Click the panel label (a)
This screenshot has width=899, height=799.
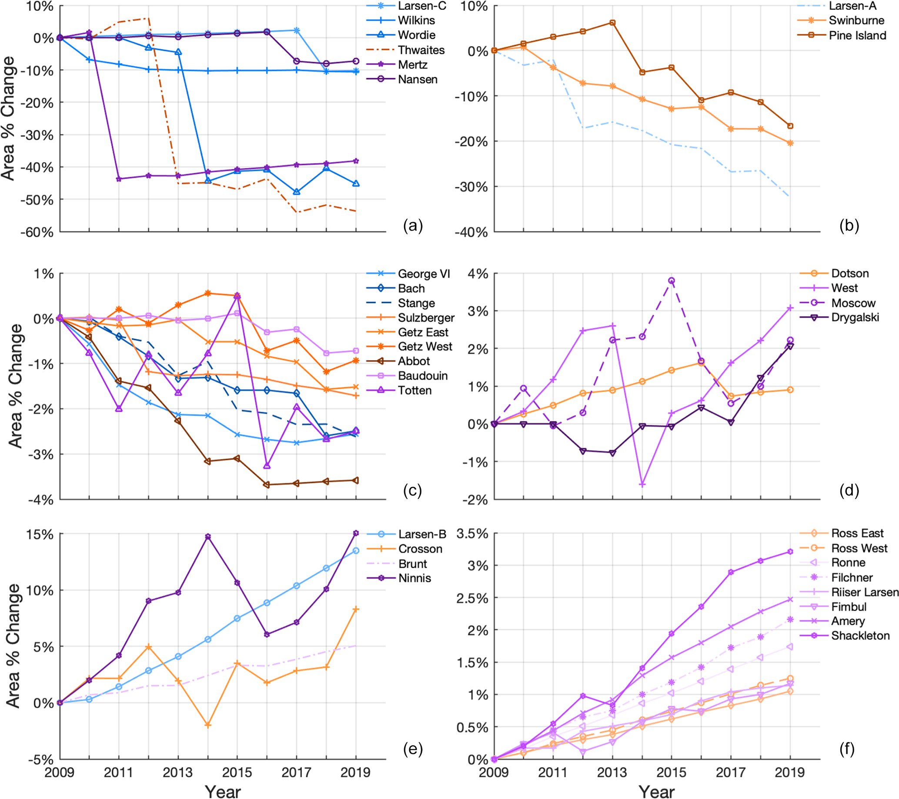click(x=413, y=226)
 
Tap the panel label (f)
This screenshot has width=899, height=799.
click(x=847, y=749)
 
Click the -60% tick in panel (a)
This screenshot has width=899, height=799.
click(x=37, y=233)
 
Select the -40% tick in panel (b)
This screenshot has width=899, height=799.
click(x=471, y=233)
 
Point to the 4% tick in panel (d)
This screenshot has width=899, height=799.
click(x=477, y=273)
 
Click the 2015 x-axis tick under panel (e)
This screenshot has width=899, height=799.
click(x=237, y=772)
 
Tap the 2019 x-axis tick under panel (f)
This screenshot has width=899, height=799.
click(x=790, y=772)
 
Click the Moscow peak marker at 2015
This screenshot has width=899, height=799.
click(x=672, y=281)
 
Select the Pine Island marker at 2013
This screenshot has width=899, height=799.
click(x=612, y=23)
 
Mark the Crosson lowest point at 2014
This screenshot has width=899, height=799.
click(x=208, y=725)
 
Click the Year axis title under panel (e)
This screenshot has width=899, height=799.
click(x=223, y=791)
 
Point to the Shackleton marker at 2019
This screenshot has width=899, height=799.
click(x=790, y=552)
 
